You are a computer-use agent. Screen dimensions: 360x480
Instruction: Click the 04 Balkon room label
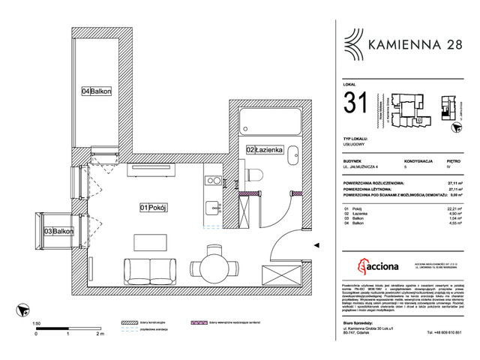point(97,91)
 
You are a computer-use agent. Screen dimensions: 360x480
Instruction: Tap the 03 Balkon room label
point(59,232)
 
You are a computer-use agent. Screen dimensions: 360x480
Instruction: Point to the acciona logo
point(377,267)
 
